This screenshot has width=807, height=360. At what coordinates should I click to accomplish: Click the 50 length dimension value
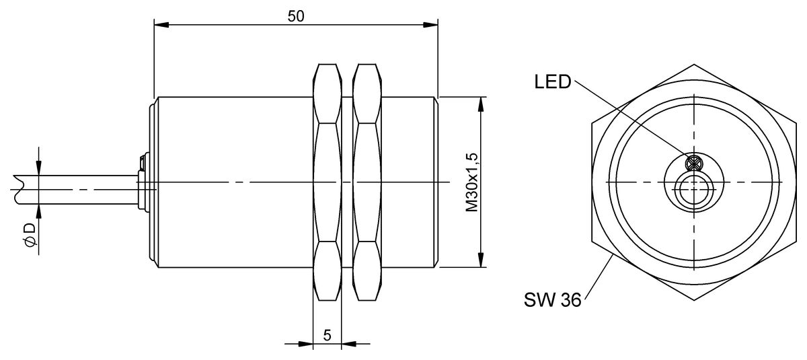tap(296, 16)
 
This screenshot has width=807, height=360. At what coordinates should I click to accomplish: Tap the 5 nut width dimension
tap(328, 335)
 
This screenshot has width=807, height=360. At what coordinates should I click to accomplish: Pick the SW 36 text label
tap(551, 299)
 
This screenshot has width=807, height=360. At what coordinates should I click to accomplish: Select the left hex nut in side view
tap(328, 182)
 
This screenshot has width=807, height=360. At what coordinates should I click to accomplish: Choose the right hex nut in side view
tap(367, 182)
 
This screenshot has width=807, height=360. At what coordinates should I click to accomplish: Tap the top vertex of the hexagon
tap(692, 65)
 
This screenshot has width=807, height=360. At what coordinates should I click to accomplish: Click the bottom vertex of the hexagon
tap(692, 300)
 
